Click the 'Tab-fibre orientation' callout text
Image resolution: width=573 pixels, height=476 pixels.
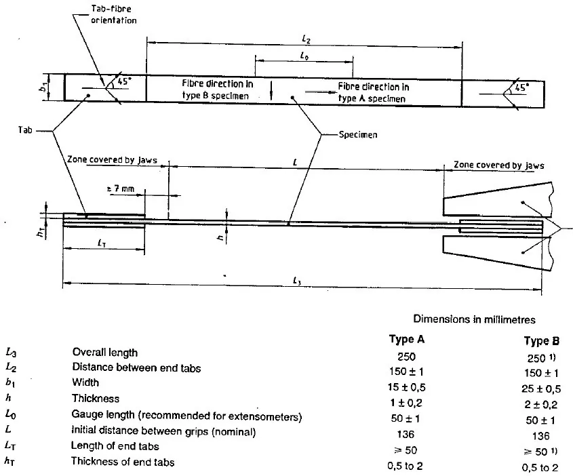(114, 15)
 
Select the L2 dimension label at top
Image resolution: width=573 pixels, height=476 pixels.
(307, 39)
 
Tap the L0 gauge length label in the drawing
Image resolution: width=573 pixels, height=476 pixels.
(304, 56)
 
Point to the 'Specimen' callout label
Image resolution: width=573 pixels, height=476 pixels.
(358, 134)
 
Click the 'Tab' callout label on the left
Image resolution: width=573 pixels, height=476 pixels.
(25, 130)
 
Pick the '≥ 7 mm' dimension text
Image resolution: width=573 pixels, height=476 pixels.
(120, 189)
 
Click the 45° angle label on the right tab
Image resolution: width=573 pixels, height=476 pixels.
(522, 87)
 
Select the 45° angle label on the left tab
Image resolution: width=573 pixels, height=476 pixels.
(124, 81)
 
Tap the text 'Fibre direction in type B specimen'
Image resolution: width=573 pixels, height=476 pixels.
(218, 90)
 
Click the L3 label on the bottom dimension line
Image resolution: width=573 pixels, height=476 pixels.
(297, 281)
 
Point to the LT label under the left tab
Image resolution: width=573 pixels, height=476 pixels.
(102, 243)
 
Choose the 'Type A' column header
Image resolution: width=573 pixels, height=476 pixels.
(407, 340)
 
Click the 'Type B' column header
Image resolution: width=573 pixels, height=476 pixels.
(542, 341)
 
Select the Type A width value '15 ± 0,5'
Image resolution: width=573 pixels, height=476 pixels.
(407, 387)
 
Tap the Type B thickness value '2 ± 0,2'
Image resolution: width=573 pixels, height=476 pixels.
(541, 404)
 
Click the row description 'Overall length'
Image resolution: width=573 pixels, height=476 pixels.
(105, 352)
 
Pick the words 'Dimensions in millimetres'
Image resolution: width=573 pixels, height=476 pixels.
(474, 319)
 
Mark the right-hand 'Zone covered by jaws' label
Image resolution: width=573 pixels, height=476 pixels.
(499, 165)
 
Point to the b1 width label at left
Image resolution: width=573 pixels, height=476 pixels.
(44, 87)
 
